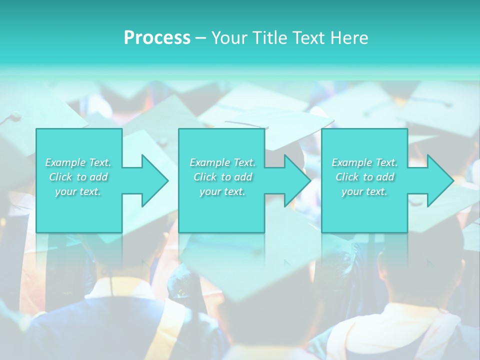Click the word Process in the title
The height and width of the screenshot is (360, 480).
[157, 38]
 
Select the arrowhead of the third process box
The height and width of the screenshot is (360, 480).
[439, 180]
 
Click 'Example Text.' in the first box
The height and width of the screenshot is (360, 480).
[78, 162]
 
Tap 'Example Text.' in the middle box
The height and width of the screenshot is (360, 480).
[222, 162]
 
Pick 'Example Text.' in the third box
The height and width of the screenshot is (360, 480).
[364, 162]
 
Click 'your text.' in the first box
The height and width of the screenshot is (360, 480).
[78, 191]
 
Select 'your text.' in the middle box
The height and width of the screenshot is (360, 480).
[222, 191]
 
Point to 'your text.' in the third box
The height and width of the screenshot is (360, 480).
[364, 191]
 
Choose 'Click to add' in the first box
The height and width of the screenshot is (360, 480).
[78, 177]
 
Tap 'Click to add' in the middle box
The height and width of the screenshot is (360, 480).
[222, 177]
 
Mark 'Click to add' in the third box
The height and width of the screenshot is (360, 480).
[364, 177]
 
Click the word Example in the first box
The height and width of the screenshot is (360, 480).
[65, 162]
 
